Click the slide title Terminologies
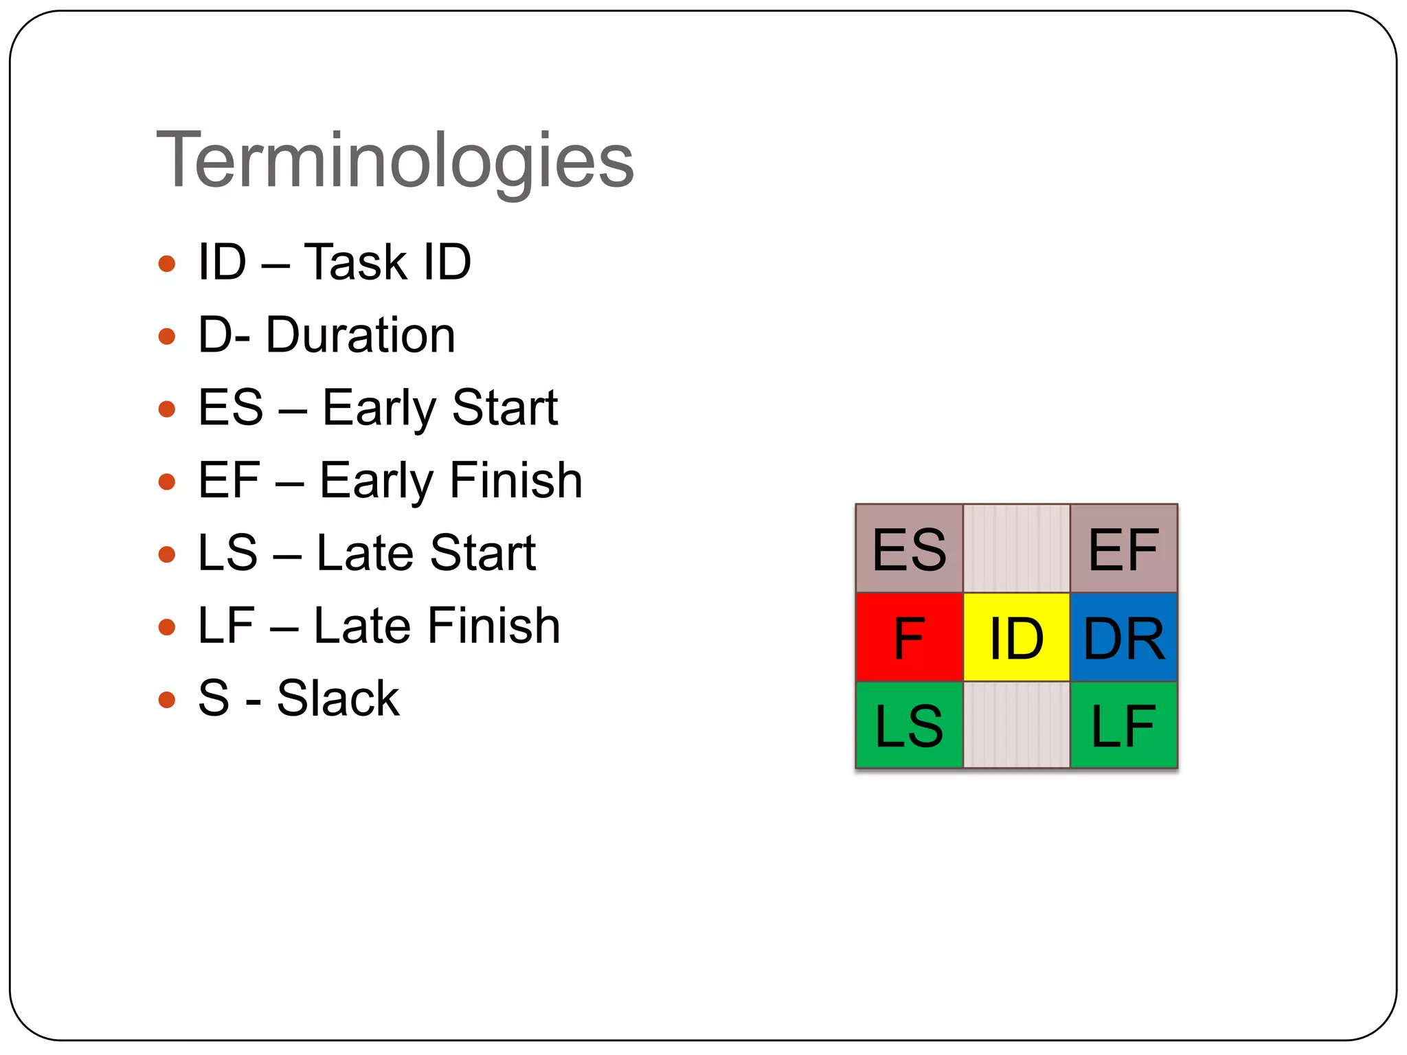pos(395,161)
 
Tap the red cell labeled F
pos(909,637)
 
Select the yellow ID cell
pos(1016,637)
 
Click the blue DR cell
pos(1124,637)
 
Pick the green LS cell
pos(909,725)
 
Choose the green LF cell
pos(1124,725)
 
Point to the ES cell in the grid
pos(909,549)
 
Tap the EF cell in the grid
pos(1124,549)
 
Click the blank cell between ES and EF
pos(1016,549)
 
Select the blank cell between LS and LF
pos(1016,725)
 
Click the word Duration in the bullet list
pos(361,335)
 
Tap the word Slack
pos(337,699)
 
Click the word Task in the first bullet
pos(356,262)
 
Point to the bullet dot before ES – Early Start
pos(167,409)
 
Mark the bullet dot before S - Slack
pos(167,700)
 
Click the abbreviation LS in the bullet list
pos(227,553)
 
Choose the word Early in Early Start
pos(379,409)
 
